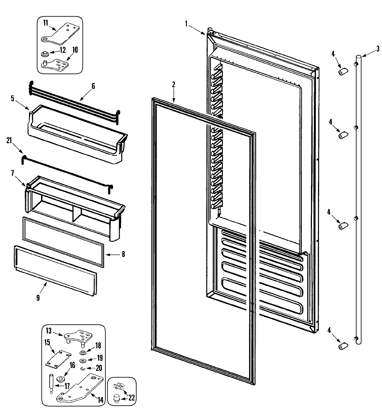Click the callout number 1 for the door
tap(186, 23)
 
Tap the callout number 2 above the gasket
tap(173, 85)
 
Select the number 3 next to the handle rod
tap(378, 48)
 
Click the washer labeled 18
tap(82, 352)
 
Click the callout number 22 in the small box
tap(131, 397)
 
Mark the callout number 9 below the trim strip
tap(38, 298)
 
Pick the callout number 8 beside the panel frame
tap(123, 254)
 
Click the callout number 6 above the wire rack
tap(93, 86)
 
